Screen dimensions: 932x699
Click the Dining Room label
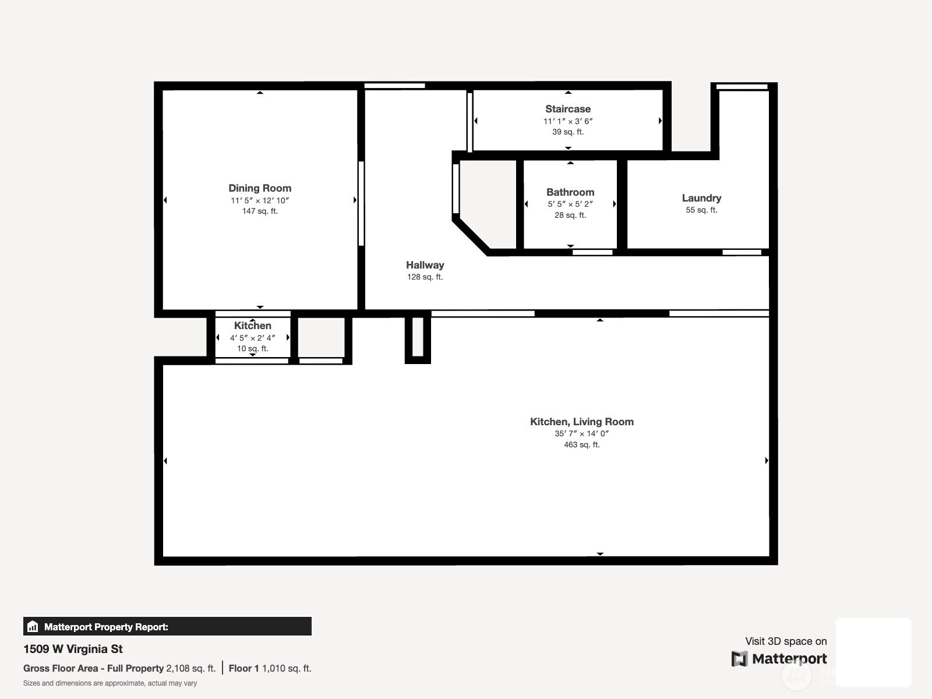pyautogui.click(x=260, y=188)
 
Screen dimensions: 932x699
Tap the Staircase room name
pyautogui.click(x=568, y=109)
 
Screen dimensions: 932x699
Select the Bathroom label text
pyautogui.click(x=570, y=192)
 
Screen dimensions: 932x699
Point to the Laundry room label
pyautogui.click(x=701, y=198)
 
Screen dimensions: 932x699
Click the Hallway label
pyautogui.click(x=425, y=265)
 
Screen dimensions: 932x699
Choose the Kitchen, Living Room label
pyautogui.click(x=582, y=421)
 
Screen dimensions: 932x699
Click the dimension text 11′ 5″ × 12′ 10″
pyautogui.click(x=260, y=200)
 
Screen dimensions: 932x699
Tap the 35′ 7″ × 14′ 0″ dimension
pyautogui.click(x=582, y=433)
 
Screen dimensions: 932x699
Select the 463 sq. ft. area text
pyautogui.click(x=582, y=445)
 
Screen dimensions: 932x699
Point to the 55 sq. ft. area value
pyautogui.click(x=701, y=210)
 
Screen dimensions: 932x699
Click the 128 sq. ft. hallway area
pyautogui.click(x=425, y=277)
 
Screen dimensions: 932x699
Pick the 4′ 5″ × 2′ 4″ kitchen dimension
pyautogui.click(x=253, y=338)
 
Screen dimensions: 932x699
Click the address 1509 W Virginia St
pyautogui.click(x=73, y=649)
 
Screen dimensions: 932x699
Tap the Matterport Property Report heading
pyautogui.click(x=106, y=627)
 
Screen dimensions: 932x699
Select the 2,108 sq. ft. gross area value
pyautogui.click(x=190, y=669)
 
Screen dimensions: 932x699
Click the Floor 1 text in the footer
pyautogui.click(x=243, y=669)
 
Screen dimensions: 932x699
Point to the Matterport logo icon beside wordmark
pyautogui.click(x=739, y=659)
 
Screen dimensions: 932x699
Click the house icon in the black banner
pyautogui.click(x=33, y=626)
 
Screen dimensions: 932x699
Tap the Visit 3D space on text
pyautogui.click(x=786, y=641)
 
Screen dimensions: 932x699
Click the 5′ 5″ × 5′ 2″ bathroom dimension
pyautogui.click(x=570, y=204)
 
